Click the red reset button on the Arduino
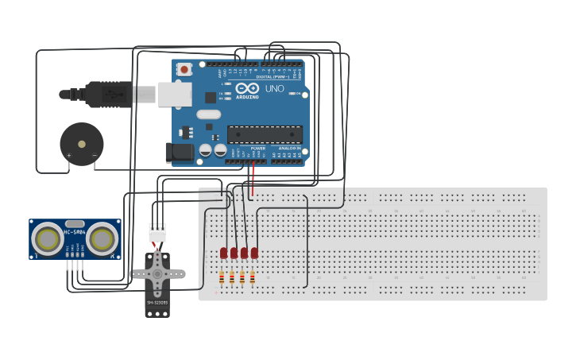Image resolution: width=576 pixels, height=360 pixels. (x=184, y=69)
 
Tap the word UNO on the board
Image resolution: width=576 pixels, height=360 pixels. (x=274, y=89)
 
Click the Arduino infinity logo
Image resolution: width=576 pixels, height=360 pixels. (x=247, y=88)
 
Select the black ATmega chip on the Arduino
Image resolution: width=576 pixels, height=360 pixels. (x=265, y=134)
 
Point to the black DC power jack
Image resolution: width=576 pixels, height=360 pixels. (x=180, y=152)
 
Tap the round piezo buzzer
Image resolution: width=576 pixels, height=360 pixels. (x=81, y=144)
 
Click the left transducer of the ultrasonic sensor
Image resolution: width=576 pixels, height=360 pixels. (x=48, y=238)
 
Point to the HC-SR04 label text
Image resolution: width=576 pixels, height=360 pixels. (x=75, y=232)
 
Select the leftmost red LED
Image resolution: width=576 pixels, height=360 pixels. (x=224, y=253)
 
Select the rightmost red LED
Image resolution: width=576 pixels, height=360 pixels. (x=254, y=253)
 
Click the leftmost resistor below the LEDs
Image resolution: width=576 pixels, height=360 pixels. (x=222, y=277)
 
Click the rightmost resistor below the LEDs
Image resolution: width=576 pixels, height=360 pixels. (x=252, y=277)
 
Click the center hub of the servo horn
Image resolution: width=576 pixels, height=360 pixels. (x=157, y=274)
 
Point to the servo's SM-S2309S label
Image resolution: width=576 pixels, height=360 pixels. (x=157, y=303)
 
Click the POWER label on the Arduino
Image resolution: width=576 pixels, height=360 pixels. (x=258, y=149)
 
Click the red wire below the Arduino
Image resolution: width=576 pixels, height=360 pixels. (x=253, y=179)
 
